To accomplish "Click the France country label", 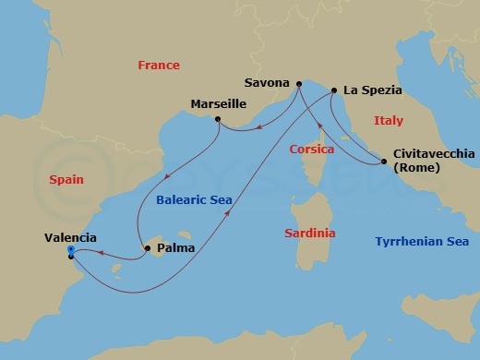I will point(158,66).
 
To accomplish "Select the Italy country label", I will point(389,121).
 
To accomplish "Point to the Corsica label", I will point(311,150).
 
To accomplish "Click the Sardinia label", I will point(310,234).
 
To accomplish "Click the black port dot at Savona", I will point(299,85).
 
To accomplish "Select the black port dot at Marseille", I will point(217,119).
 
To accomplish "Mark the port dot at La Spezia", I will point(333,91).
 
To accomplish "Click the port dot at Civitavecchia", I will point(383,162).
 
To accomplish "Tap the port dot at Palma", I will point(148,246).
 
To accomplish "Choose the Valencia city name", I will point(70,237).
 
